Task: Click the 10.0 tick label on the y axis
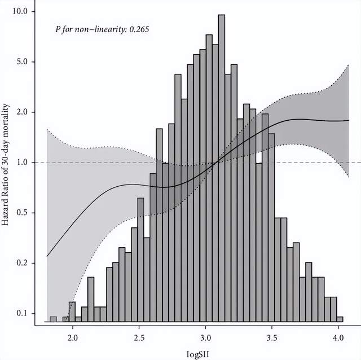point(26,11)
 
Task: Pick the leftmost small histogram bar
point(54,319)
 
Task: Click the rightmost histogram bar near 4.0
point(340,319)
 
